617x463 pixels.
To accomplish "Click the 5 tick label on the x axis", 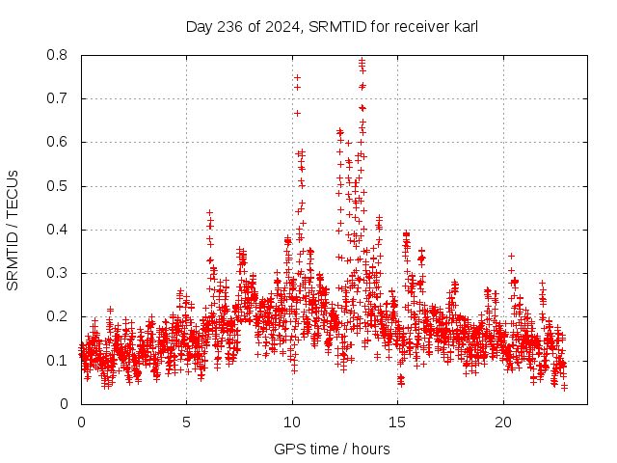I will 187,422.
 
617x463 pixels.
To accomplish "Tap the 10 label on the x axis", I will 292,422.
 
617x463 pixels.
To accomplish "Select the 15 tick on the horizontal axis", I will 398,422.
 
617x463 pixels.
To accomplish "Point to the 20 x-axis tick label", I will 503,422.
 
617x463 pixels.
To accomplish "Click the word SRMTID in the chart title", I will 334,26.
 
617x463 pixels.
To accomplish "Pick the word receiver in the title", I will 417,26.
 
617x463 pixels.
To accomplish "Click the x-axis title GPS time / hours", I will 332,449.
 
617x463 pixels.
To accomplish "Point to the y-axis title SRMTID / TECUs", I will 13,230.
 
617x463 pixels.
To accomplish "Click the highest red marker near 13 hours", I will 362,61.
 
